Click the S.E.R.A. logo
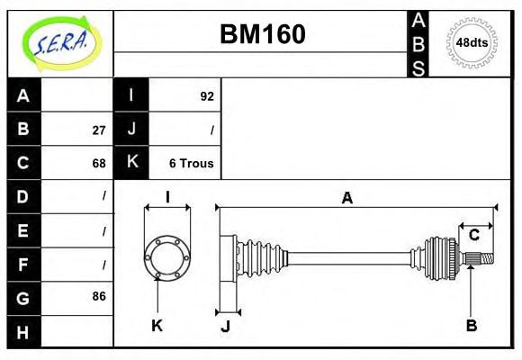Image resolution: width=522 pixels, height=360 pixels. (59, 42)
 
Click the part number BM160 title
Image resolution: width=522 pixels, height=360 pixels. (263, 34)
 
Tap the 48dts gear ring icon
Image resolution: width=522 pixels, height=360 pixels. (472, 42)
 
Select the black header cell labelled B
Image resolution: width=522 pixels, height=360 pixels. (23, 130)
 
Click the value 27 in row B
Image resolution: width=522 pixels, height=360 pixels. (99, 130)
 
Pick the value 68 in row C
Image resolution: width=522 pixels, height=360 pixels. (99, 163)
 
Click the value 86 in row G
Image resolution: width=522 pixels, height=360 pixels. (99, 296)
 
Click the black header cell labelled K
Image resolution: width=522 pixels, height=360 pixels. (131, 163)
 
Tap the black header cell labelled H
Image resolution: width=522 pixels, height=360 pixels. (23, 331)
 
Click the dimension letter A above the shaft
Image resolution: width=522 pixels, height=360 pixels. (346, 198)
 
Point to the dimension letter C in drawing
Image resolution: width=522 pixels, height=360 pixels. (473, 235)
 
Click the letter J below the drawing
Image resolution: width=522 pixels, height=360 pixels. (225, 327)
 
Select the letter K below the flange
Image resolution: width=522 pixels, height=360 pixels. (157, 326)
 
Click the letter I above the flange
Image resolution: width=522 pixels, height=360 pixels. (167, 197)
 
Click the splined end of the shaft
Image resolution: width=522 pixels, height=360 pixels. (481, 259)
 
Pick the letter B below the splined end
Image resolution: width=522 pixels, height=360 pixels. (471, 326)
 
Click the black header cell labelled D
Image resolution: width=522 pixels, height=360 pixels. (23, 196)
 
